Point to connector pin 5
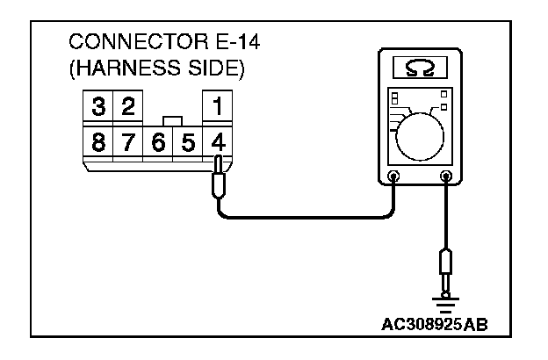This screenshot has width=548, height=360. coord(187,140)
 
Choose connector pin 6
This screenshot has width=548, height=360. coord(158,140)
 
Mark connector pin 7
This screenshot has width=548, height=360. coord(128,140)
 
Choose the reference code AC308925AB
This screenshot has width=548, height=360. coord(433,324)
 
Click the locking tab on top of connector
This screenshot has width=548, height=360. coord(173,119)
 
